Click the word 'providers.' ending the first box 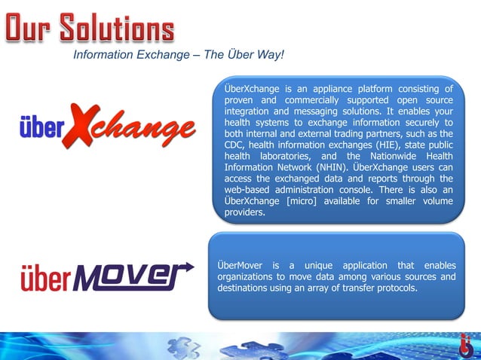point(245,212)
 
